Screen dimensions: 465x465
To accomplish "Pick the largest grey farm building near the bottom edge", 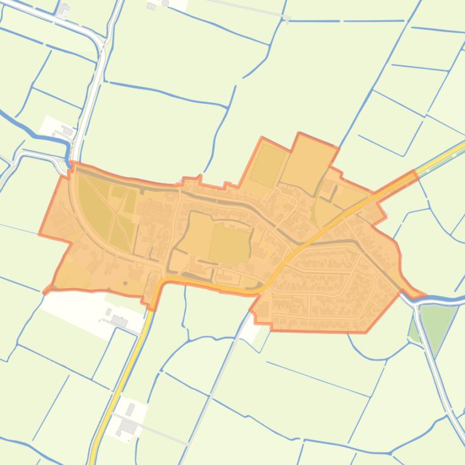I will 128,426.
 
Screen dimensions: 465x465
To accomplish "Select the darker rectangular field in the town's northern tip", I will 268,164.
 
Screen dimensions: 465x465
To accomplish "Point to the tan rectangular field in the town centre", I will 229,245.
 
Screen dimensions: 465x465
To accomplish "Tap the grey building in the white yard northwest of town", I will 67,130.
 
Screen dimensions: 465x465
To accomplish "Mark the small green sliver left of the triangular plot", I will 414,331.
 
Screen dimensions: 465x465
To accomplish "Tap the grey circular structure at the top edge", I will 165,3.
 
